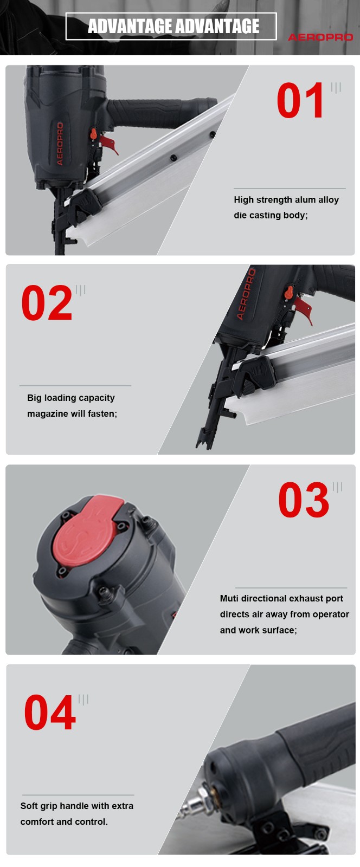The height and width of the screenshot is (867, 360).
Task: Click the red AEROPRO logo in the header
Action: pos(320,37)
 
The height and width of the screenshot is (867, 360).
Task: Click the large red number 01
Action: pos(300,100)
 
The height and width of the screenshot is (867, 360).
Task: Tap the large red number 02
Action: pos(47,303)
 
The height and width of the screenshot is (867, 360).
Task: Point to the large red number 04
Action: pos(50,712)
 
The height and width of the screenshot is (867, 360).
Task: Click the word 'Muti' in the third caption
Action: pos(229,598)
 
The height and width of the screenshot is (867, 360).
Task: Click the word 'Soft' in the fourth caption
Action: pos(29,806)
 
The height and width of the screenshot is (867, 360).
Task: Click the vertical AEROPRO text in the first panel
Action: pos(60,144)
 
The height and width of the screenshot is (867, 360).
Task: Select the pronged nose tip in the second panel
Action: pos(204,439)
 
